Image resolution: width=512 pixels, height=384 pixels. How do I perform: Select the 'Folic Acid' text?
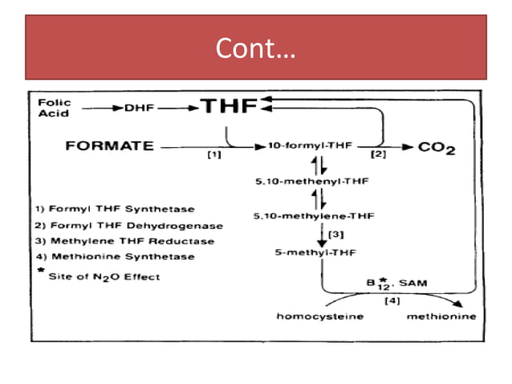coord(55,108)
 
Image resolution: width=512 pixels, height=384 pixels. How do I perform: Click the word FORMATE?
coord(109,146)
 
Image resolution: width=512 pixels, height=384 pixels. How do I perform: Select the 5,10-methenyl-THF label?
coord(311,182)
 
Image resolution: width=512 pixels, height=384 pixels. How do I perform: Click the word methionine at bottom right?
coord(441,317)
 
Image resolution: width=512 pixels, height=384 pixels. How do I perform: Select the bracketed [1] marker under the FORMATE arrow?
coord(213,156)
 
